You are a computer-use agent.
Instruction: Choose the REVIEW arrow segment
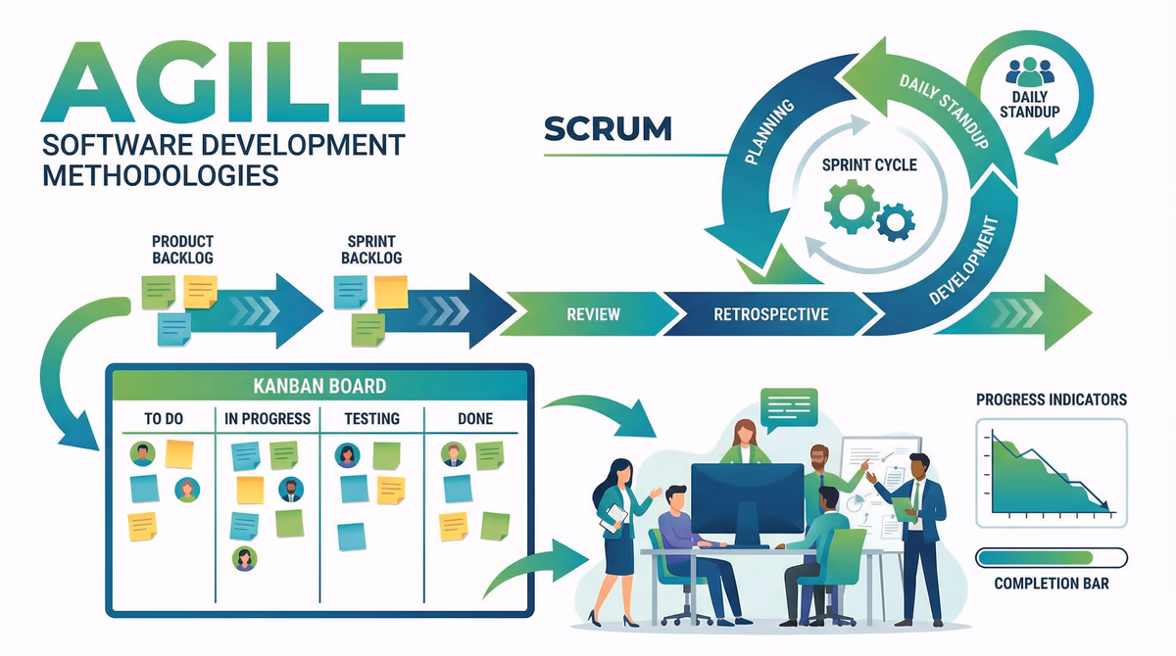[593, 314]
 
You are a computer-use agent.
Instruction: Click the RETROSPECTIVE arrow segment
[771, 314]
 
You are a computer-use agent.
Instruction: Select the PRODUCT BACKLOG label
[182, 249]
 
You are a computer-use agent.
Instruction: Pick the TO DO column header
[164, 419]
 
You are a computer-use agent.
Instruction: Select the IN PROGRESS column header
[268, 419]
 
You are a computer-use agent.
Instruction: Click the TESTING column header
[372, 419]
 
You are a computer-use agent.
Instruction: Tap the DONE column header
[475, 419]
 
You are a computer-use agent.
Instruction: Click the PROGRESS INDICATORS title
[1051, 399]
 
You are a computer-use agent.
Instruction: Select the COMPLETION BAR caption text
[1051, 585]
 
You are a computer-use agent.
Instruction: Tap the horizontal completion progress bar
[1051, 557]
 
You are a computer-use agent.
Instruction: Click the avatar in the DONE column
[452, 454]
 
